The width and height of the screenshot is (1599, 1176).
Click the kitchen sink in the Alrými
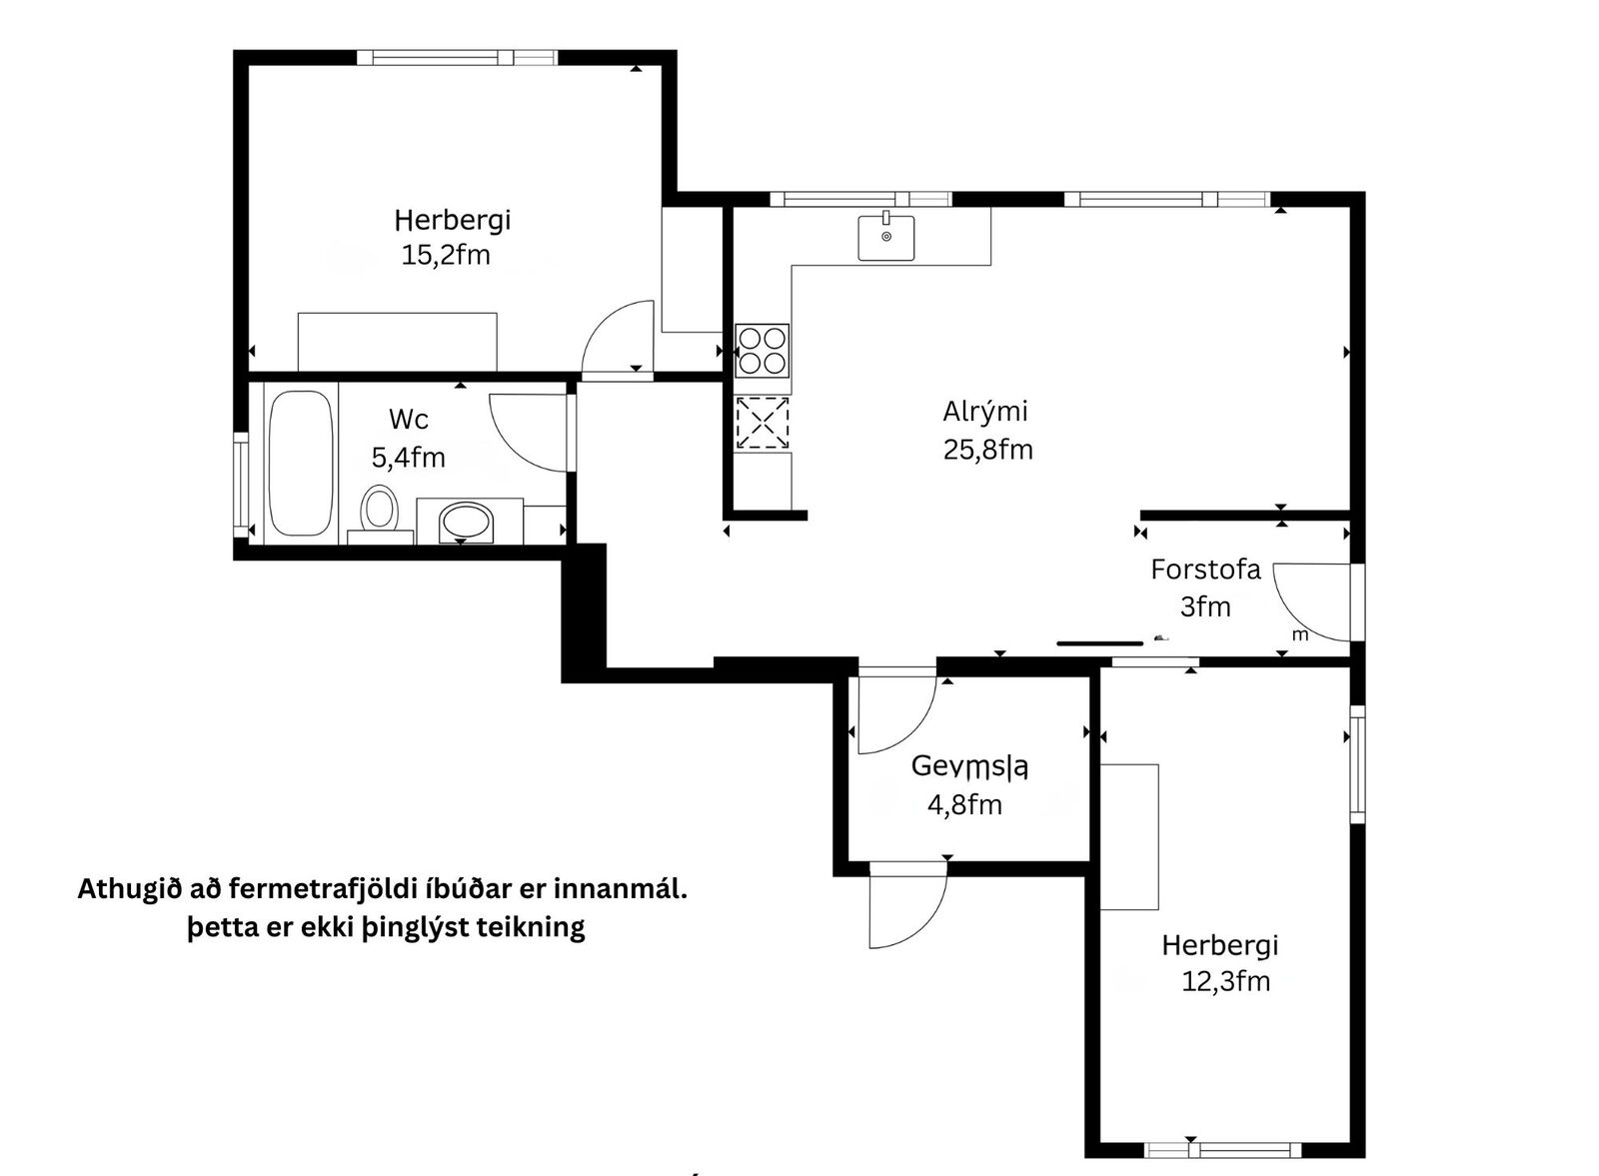coord(885,238)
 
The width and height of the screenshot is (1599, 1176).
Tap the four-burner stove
coord(763,351)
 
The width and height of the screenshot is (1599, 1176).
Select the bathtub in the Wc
coord(301,464)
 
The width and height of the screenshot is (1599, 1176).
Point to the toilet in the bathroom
coord(379,511)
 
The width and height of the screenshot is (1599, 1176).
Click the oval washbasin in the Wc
coord(467,522)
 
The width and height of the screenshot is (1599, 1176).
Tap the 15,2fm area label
coord(446,255)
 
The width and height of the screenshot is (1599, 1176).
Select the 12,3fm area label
coord(1225,981)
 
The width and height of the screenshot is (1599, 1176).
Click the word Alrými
coord(985,412)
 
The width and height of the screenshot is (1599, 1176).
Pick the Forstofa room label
coord(1205,570)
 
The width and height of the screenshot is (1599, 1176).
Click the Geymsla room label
coord(969,767)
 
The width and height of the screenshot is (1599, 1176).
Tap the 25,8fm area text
coord(988,450)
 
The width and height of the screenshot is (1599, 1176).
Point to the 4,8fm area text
coord(964,805)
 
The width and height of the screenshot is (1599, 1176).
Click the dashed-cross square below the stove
coord(763,424)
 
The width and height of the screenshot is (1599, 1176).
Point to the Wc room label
coord(409,419)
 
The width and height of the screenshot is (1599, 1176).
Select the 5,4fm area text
coord(409,458)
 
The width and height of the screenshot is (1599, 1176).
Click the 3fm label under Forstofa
coord(1205,606)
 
